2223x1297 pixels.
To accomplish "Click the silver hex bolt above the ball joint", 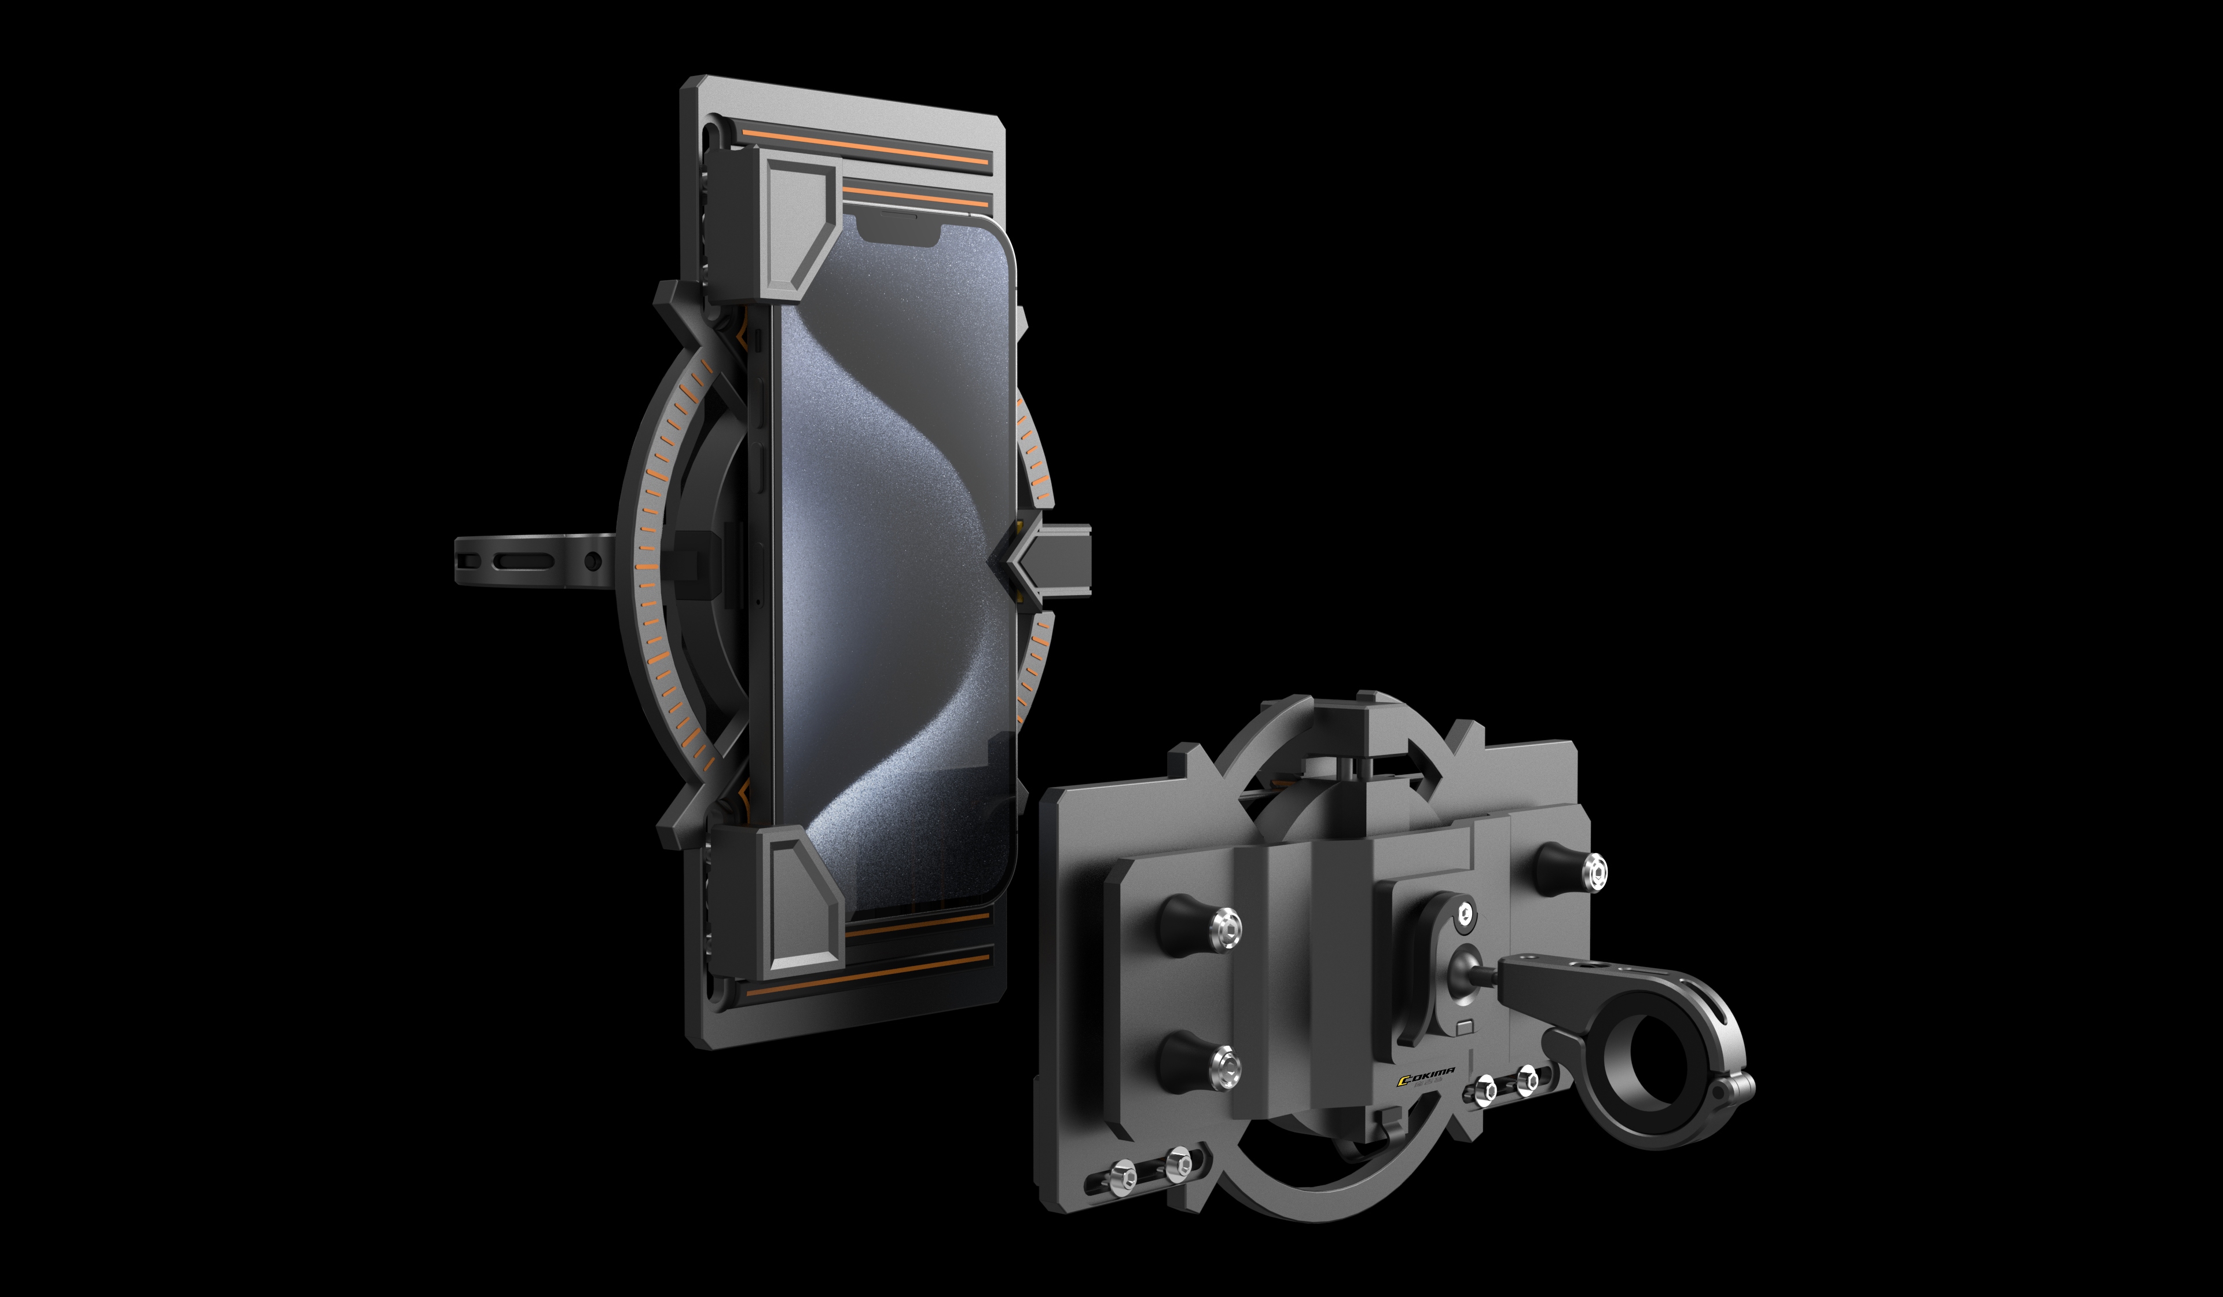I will [x=1465, y=911].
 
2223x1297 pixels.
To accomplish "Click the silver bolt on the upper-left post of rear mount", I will [x=1226, y=928].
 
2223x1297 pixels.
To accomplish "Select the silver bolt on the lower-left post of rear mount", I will [x=1224, y=1066].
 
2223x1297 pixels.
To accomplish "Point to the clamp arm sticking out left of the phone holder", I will [x=529, y=559].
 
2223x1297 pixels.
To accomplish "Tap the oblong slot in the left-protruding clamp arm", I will [x=524, y=561].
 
